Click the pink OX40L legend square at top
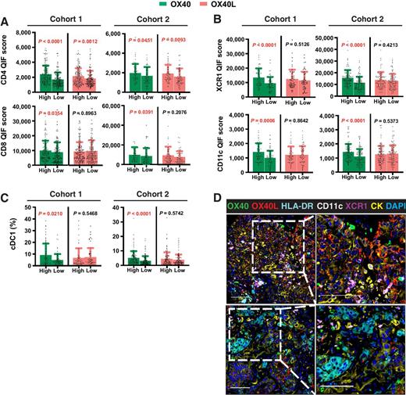coord(203,5)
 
